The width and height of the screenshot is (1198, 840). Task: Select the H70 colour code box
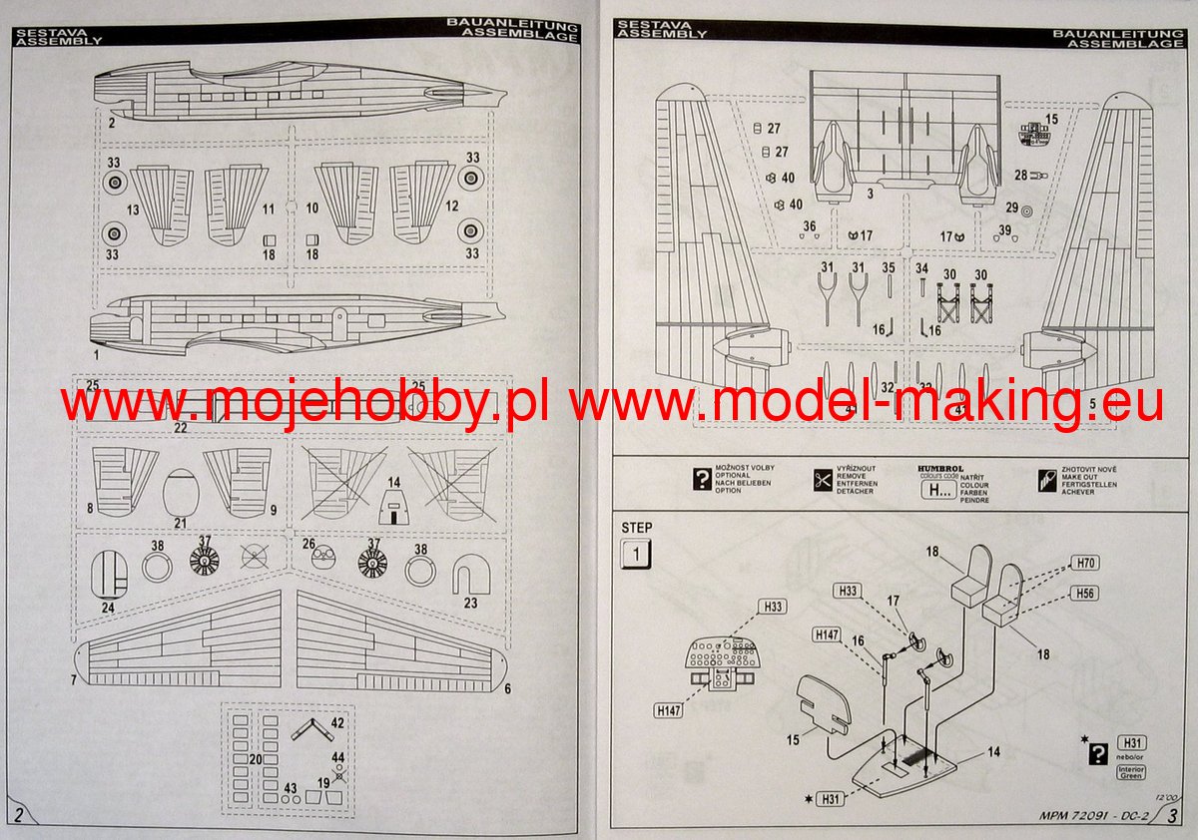click(x=1086, y=564)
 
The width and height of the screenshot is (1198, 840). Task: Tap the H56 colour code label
click(x=1086, y=594)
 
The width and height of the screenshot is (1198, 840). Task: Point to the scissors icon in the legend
click(x=823, y=480)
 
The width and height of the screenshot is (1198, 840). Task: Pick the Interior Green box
click(x=1131, y=773)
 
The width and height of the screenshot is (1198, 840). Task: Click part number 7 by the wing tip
click(x=74, y=680)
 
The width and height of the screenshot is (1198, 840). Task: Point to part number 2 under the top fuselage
click(x=112, y=123)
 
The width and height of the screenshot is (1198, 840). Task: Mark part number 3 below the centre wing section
click(x=870, y=193)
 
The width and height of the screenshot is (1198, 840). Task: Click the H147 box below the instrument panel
click(x=668, y=709)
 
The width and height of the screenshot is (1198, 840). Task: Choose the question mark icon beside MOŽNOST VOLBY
click(x=702, y=479)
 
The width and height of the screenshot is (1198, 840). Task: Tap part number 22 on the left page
click(x=181, y=427)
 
